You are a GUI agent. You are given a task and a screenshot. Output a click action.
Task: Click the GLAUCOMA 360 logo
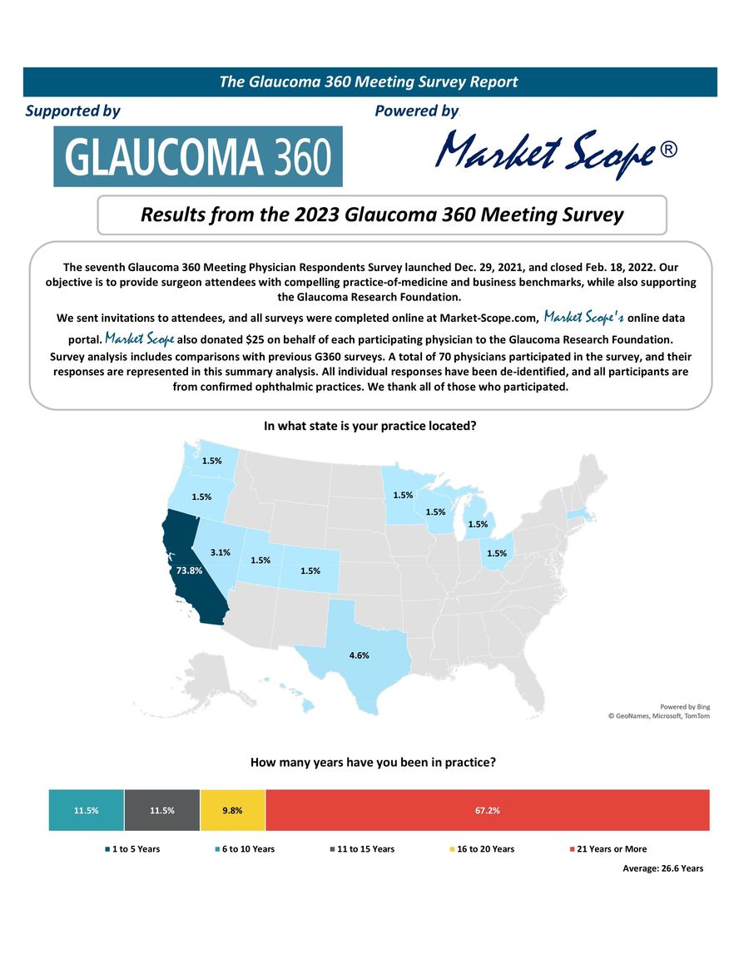point(198,156)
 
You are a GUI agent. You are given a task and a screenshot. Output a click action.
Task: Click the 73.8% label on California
point(190,571)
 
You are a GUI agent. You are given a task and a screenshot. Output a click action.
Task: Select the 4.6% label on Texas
point(359,655)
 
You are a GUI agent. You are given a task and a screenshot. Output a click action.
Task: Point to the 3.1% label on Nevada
point(220,551)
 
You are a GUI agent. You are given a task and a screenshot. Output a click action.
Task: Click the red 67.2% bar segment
point(488,810)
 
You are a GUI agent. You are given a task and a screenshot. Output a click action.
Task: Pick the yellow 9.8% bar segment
point(233,810)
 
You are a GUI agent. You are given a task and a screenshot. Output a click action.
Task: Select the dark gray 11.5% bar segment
point(162,810)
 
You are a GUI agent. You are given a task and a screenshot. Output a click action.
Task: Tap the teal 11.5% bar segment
point(87,810)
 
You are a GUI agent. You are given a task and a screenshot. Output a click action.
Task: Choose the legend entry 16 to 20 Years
point(485,849)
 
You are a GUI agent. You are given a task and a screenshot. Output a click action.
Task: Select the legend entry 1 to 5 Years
point(136,849)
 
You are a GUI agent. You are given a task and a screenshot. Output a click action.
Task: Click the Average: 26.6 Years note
point(662,868)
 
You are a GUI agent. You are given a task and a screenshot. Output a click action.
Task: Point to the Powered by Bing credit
point(686,706)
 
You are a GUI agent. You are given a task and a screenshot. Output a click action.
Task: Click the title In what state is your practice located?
point(370,426)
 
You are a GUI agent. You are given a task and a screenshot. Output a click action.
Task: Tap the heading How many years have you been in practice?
point(373,762)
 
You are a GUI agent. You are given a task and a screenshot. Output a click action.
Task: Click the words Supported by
point(73,111)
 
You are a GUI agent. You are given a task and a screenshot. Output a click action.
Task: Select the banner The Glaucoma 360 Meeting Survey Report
point(370,82)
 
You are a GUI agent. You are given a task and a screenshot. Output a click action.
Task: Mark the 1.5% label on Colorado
point(310,571)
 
